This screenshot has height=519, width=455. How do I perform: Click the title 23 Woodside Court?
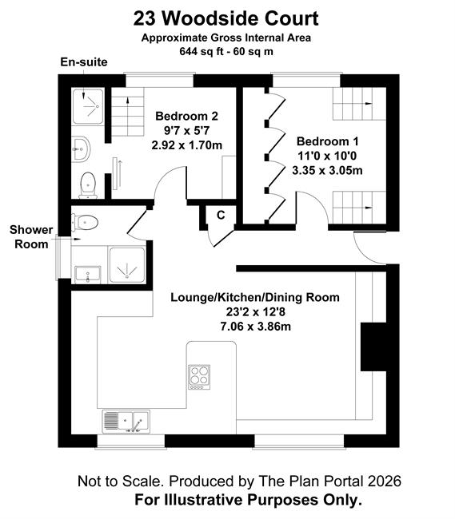coord(226,18)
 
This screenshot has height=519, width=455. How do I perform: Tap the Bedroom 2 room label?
coord(186,117)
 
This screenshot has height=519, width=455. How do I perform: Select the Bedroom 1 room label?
coord(327,141)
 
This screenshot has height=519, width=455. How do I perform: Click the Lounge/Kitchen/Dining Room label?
coord(255,297)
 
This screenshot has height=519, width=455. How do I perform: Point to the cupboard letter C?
coord(221,215)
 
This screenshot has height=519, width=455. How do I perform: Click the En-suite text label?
coord(84,62)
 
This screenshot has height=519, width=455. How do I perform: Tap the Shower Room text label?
coord(31,236)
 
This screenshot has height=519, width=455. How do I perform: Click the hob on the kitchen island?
coord(199,377)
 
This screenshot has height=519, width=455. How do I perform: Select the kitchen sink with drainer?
coord(126,422)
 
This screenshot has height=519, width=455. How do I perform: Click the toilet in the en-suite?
coord(88,184)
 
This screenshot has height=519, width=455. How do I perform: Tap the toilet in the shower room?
coord(85,222)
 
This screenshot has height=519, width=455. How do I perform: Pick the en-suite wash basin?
coord(80,149)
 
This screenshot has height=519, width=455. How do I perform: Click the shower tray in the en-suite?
coord(88,106)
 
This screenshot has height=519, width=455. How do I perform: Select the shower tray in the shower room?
coord(127,265)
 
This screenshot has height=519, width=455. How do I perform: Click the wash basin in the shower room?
coord(87,275)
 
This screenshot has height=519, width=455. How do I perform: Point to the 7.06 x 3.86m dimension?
coord(256,327)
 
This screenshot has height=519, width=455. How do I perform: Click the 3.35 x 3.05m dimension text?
coord(327,170)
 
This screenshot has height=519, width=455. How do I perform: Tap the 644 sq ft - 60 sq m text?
coord(226,52)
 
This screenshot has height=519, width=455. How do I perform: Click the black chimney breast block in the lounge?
coord(373,347)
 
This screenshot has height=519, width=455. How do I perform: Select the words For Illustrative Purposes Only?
coord(248,500)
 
